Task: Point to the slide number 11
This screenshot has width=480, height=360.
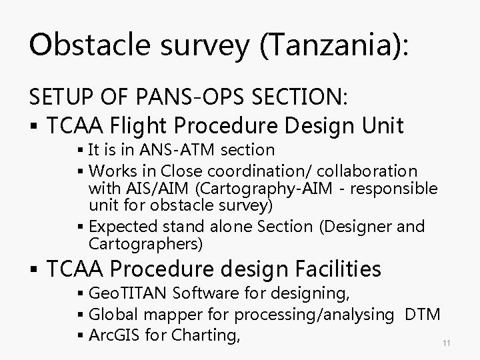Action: point(447,342)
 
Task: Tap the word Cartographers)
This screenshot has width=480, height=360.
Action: point(145,244)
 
